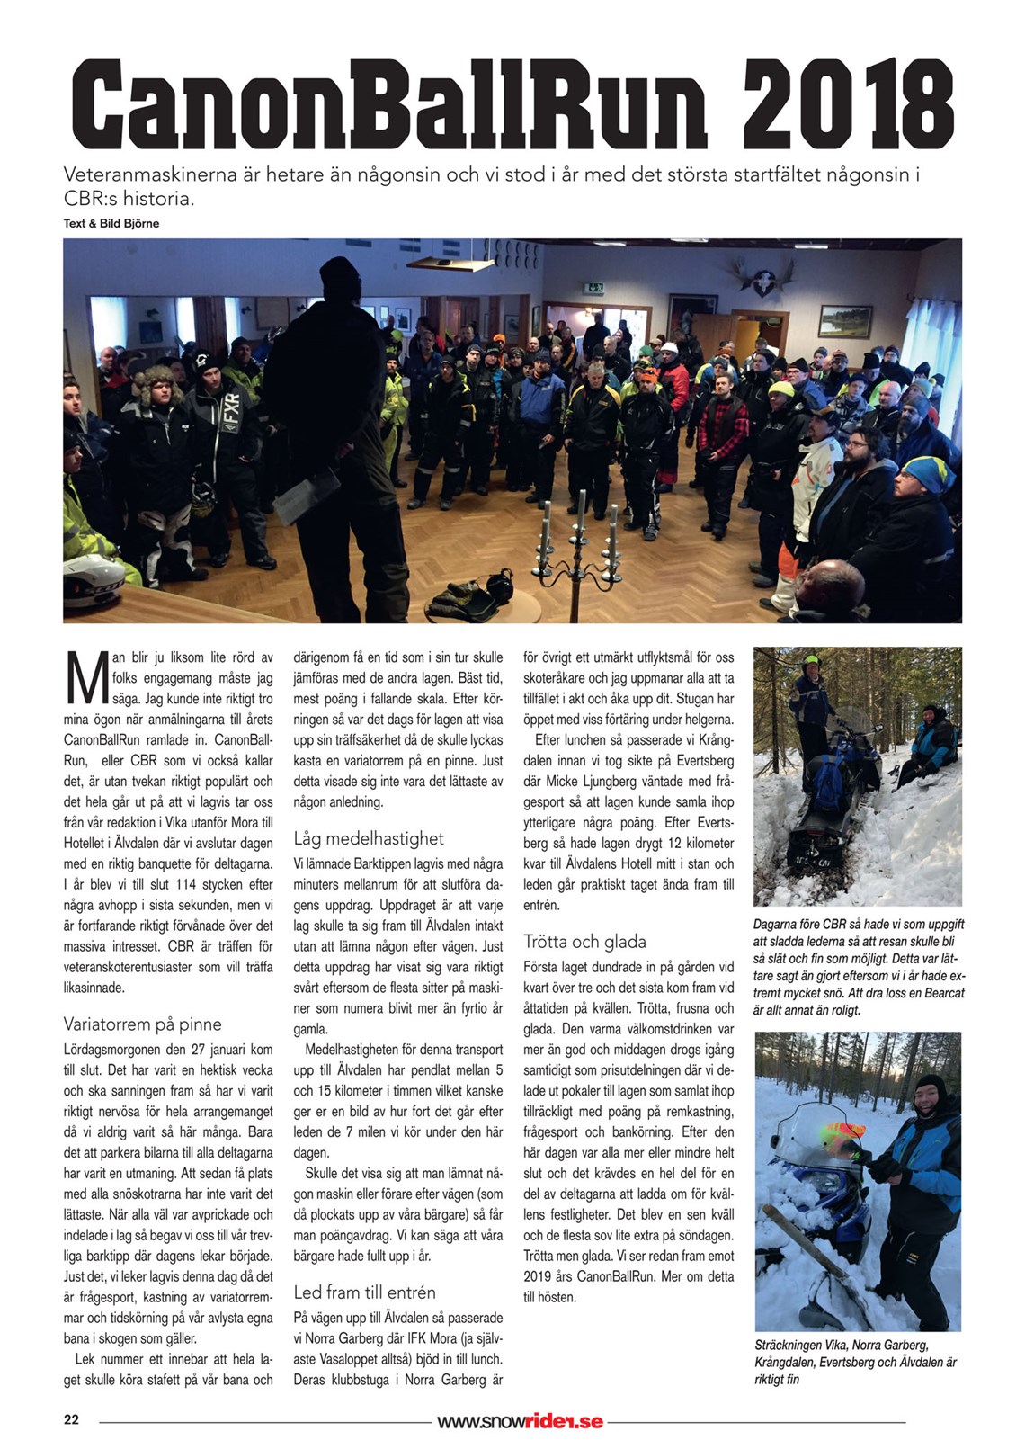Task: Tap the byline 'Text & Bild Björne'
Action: pos(111,224)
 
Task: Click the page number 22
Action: pos(71,1420)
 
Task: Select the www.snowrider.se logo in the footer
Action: pos(520,1422)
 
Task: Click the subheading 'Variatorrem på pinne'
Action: pos(142,1024)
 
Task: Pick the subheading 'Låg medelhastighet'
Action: pos(369,839)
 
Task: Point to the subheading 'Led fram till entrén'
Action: pos(364,1292)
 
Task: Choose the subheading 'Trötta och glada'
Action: pos(584,942)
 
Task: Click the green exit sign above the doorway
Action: pos(593,288)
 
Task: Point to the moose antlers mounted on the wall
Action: pos(763,280)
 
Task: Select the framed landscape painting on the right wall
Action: pos(844,320)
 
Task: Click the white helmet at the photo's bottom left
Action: pos(90,580)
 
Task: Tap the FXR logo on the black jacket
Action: pos(232,410)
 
